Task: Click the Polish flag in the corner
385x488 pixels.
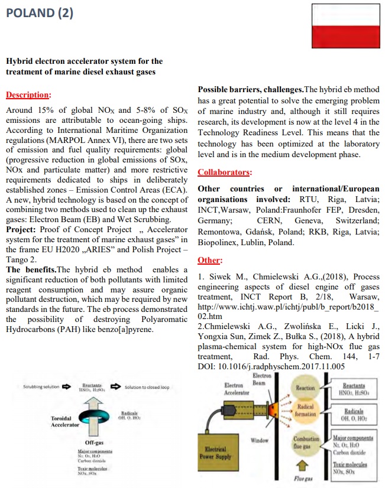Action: click(x=345, y=26)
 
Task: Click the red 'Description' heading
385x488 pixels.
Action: click(x=27, y=95)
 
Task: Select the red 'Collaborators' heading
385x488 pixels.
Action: click(x=224, y=173)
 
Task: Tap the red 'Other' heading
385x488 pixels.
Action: click(x=208, y=260)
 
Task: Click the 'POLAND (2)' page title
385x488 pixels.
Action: click(x=40, y=12)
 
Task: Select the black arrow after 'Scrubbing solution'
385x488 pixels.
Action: click(x=67, y=387)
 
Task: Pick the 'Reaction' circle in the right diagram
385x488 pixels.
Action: click(x=305, y=388)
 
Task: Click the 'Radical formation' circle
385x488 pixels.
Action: click(x=306, y=411)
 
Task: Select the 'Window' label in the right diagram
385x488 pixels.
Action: click(x=260, y=440)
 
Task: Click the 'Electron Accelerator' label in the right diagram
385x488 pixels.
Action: click(x=237, y=389)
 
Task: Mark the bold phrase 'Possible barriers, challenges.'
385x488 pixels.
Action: click(x=250, y=89)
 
